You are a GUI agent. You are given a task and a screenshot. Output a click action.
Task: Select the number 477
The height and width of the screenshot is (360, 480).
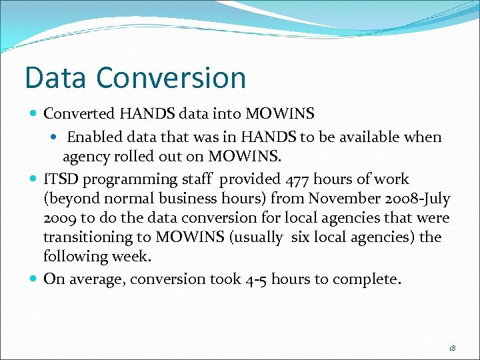click(x=297, y=179)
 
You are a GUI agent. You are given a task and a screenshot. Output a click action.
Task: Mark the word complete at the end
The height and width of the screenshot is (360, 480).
click(x=371, y=279)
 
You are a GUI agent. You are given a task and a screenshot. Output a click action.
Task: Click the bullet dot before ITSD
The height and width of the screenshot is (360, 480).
click(x=34, y=179)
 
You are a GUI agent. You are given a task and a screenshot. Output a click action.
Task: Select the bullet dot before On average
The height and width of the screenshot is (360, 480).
click(x=34, y=279)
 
